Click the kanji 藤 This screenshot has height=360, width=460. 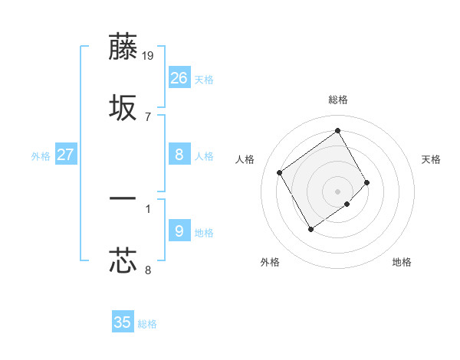pos(123,47)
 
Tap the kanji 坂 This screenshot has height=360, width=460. pos(123,109)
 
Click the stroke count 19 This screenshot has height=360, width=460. pos(149,55)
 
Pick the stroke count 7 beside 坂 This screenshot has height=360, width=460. pos(148,116)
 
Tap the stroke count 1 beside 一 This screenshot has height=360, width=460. pos(148,208)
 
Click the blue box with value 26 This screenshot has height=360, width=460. pos(179,78)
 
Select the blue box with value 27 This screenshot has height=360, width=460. pos(65,155)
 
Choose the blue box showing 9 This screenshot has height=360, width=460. pos(179,231)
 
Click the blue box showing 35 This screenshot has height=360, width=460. pos(123,322)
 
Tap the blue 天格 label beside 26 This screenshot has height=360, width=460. pos(204,80)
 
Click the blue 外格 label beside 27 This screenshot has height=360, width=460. pos(41,156)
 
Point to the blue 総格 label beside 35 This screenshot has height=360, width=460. pos(147,324)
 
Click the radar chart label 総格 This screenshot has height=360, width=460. pos(337,100)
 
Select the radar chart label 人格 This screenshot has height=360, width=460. pos(245,159)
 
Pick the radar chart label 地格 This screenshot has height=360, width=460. pos(402,262)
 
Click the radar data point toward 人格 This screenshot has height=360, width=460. pos(280,172)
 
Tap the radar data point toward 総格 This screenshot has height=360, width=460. pos(337,130)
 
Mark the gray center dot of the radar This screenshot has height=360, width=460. pos(337,190)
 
